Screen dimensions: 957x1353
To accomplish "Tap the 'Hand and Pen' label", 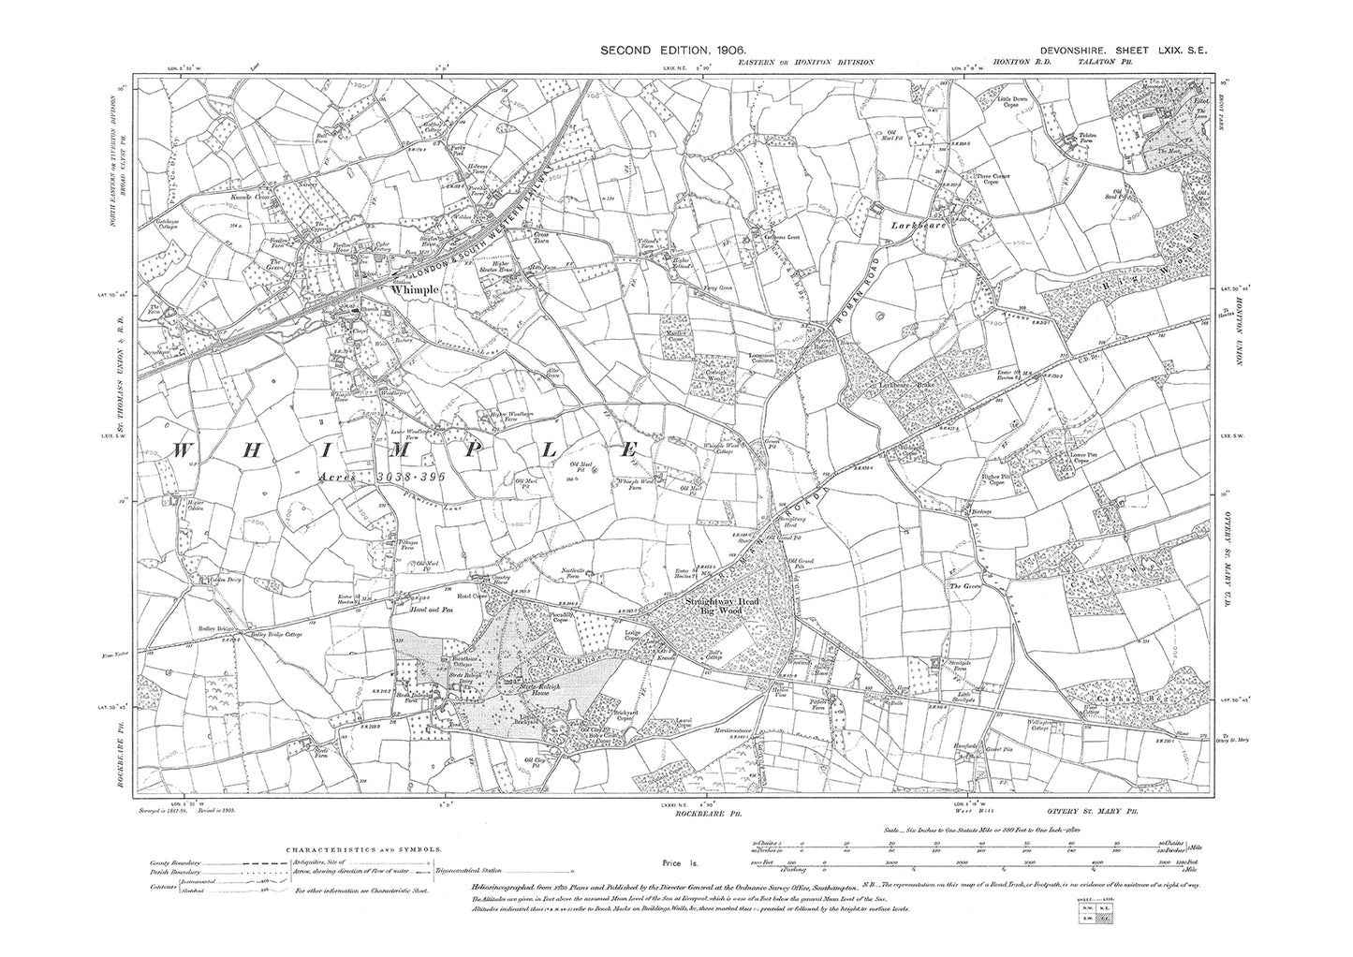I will coord(429,610).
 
